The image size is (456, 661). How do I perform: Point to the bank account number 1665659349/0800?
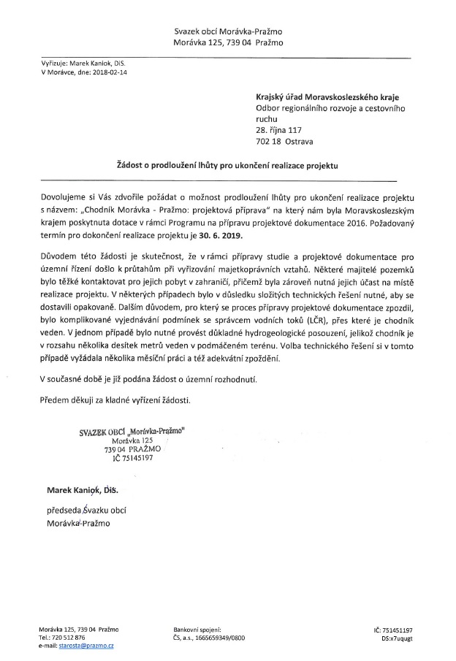[x=217, y=638]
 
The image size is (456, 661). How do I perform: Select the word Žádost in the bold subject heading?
[x=134, y=167]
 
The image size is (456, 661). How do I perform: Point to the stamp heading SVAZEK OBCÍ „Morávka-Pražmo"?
[x=132, y=432]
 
